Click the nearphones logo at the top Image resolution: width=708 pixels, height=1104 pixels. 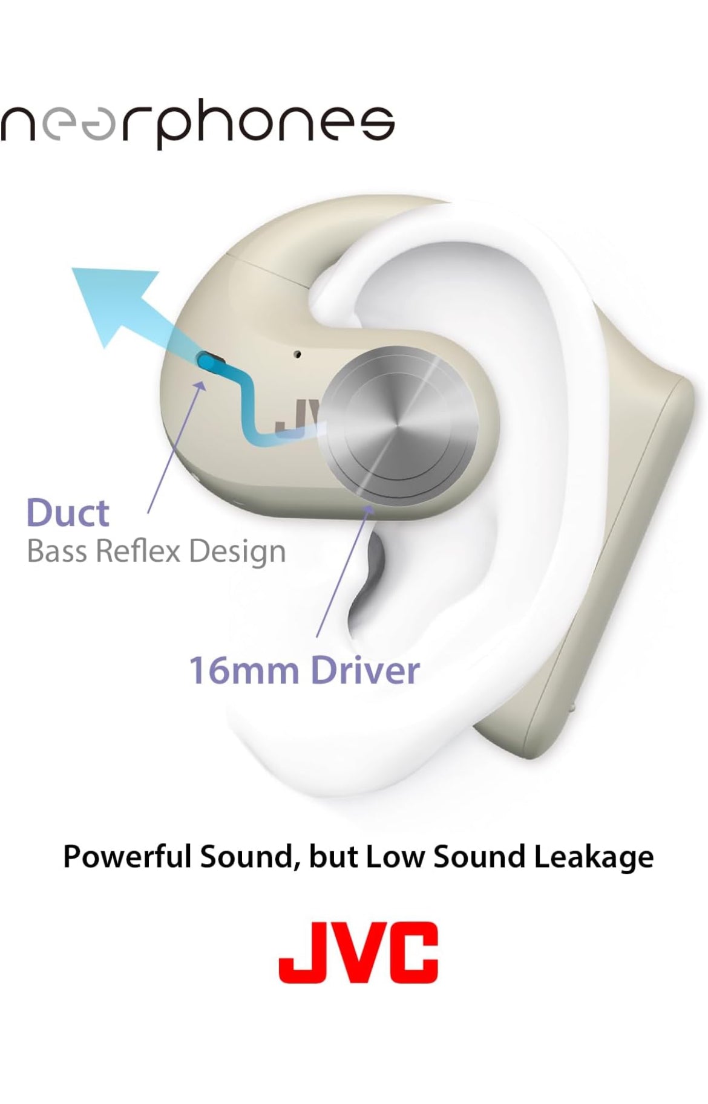(197, 125)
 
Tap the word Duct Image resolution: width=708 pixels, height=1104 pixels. (68, 513)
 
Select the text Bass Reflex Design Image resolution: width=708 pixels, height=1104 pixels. (156, 551)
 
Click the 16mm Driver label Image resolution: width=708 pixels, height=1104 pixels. (304, 671)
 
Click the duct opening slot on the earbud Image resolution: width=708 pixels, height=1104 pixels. (212, 362)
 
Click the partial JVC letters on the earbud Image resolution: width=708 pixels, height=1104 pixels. (297, 417)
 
